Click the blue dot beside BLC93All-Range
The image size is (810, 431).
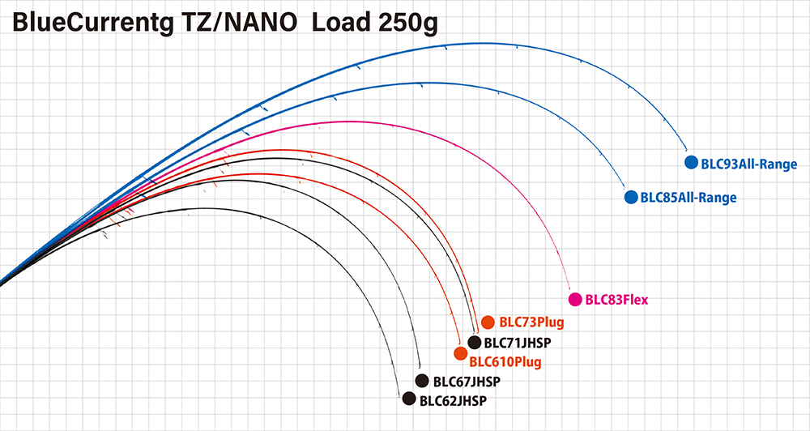coord(691,163)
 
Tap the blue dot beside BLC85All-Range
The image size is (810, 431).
coord(630,197)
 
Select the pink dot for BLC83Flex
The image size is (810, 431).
coord(575,300)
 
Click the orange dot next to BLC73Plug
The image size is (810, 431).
coord(488,322)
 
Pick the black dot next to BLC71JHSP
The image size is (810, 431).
coord(475,342)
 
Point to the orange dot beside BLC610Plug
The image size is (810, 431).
coord(460,353)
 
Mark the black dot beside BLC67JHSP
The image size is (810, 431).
coord(421,381)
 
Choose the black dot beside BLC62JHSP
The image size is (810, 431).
coord(409,399)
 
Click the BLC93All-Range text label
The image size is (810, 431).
coord(749,164)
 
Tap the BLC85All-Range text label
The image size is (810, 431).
coord(688,198)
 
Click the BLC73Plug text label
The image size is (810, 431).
coord(531,322)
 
